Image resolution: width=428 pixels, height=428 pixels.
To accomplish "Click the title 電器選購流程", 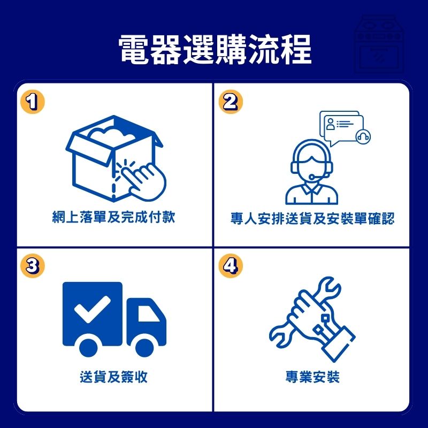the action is click(x=215, y=49).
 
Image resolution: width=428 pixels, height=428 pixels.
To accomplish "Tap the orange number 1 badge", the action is click(x=33, y=102).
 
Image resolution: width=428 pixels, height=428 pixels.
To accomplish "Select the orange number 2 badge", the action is click(x=231, y=102).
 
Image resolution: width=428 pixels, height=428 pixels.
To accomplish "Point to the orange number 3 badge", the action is click(x=33, y=266).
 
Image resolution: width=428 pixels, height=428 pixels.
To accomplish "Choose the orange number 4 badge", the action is click(x=231, y=266).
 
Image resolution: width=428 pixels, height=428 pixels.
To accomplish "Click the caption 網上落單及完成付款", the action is click(x=113, y=217).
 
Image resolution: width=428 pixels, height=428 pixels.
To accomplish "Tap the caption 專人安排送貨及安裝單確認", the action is click(x=312, y=218).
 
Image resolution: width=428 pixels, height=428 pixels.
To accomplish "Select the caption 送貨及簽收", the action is click(x=113, y=377).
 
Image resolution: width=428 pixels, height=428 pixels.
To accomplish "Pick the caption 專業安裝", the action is click(x=313, y=377).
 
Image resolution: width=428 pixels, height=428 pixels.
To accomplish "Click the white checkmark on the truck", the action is click(x=92, y=309).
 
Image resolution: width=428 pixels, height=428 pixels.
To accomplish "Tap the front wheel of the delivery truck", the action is click(x=144, y=347).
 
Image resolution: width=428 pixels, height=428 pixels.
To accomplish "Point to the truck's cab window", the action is click(x=148, y=313).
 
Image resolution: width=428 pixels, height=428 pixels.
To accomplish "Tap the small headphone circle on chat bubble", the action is click(x=363, y=136).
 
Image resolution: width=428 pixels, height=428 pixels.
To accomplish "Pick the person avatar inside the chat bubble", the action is click(x=330, y=124).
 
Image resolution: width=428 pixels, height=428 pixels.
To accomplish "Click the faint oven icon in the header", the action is click(x=379, y=44).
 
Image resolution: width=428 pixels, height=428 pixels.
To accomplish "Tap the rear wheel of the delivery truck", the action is click(x=88, y=347).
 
